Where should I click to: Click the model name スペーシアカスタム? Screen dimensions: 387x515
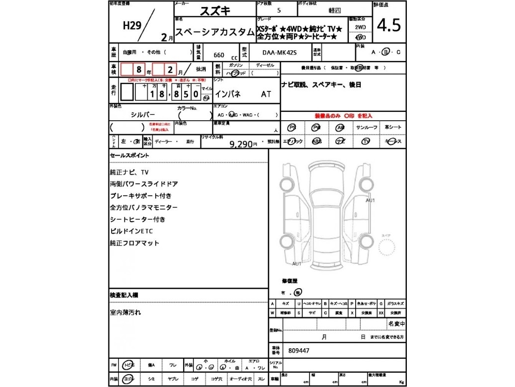coord(215,32)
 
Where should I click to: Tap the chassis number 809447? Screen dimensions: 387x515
coord(299,350)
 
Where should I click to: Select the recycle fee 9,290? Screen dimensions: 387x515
coord(243,144)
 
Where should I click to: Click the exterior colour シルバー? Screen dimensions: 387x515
coord(143,114)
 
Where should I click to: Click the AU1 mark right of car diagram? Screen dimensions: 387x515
coord(370,200)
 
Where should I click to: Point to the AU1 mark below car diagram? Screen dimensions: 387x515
coord(297,263)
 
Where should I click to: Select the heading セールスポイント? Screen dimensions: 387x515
coord(129,155)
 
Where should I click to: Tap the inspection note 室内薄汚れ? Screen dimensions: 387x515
coord(126,312)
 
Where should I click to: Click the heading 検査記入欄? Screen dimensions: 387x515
coord(124,295)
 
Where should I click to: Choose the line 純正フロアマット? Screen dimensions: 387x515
coord(134,243)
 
